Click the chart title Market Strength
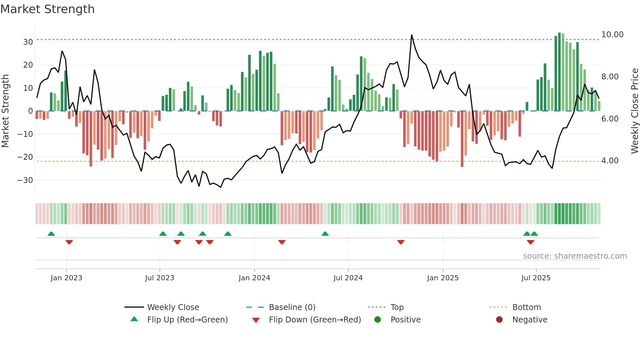click(47, 9)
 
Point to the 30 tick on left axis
click(28, 42)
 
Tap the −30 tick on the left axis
click(25, 180)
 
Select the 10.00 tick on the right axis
click(612, 35)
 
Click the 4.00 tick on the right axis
click(610, 161)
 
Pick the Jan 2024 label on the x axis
click(254, 278)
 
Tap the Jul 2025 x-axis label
click(536, 278)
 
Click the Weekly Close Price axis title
click(634, 111)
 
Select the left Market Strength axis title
click(5, 111)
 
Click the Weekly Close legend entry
click(173, 307)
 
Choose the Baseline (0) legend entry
click(292, 307)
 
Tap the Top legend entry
click(397, 307)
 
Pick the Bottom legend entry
click(526, 307)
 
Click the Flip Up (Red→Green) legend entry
click(187, 320)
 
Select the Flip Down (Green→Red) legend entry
click(315, 320)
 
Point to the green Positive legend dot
click(378, 320)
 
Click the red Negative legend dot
click(499, 320)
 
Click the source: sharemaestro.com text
click(575, 256)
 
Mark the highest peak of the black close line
click(411, 35)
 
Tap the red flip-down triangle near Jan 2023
click(69, 242)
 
